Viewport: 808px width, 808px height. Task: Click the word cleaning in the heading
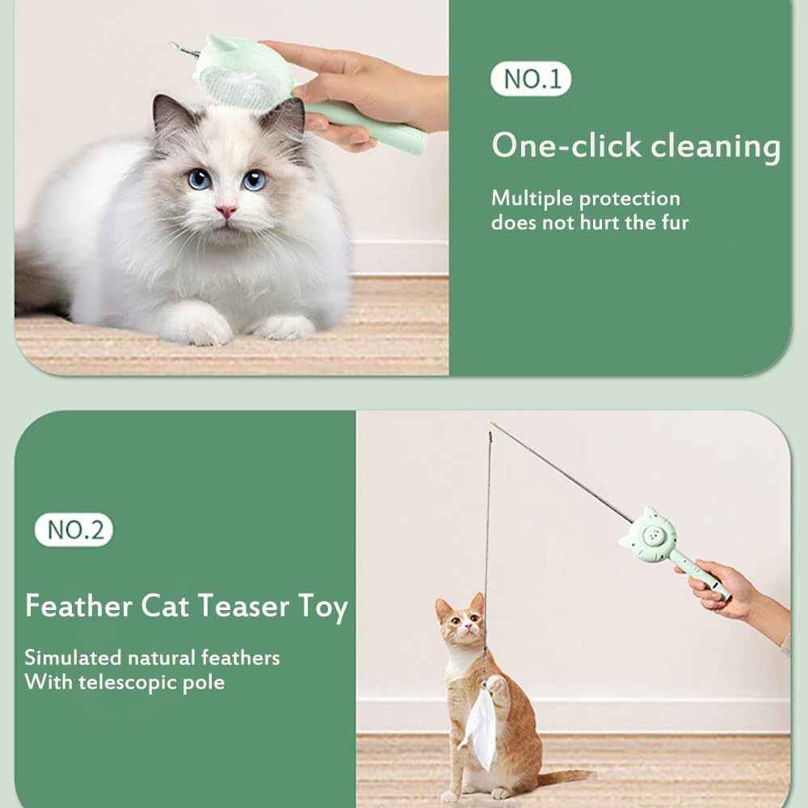pyautogui.click(x=717, y=146)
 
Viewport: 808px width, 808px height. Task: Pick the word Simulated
pyautogui.click(x=74, y=657)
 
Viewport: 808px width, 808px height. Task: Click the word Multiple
pyautogui.click(x=532, y=198)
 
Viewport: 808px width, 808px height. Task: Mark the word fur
pyautogui.click(x=672, y=222)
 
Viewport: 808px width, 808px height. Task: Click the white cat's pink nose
pyautogui.click(x=226, y=211)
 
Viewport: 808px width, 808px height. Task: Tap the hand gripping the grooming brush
pyautogui.click(x=356, y=89)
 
